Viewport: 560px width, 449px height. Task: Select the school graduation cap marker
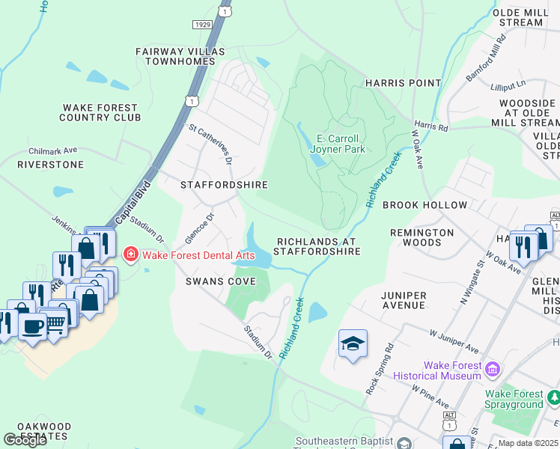point(353,344)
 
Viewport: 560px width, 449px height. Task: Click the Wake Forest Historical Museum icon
point(492,370)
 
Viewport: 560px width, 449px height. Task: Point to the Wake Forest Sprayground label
point(523,399)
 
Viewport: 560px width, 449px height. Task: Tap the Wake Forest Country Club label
point(101,112)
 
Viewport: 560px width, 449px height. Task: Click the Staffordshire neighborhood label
point(224,184)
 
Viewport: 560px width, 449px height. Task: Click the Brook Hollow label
point(424,204)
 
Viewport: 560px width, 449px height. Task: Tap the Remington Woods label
point(421,237)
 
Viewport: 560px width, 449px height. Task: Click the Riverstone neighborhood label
point(49,163)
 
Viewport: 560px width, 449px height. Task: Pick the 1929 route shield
point(202,25)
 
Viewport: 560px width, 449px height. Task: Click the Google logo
point(25,439)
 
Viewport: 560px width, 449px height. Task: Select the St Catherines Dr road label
point(210,144)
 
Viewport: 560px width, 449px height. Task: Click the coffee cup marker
point(32,326)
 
